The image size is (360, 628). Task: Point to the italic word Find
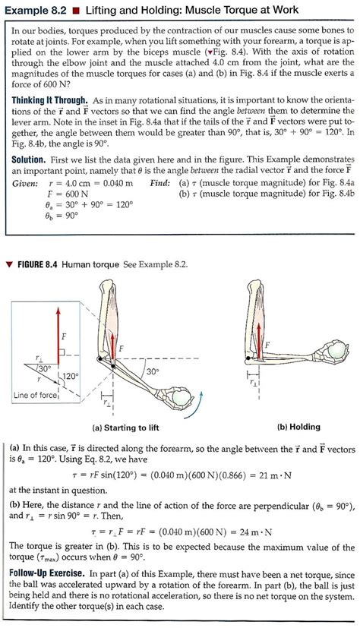161,183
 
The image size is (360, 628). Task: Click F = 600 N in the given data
71,194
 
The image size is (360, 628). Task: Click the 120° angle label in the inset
69,376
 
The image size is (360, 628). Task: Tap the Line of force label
36,395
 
